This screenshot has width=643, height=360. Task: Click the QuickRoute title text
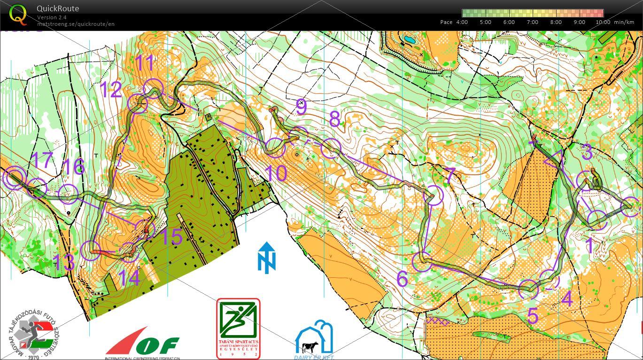pos(58,8)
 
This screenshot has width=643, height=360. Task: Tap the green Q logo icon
pos(18,14)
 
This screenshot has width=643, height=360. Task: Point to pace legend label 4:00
pos(462,22)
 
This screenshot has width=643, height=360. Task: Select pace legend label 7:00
pos(532,22)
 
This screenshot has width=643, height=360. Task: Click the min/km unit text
pos(625,22)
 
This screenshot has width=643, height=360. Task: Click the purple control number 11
pos(145,63)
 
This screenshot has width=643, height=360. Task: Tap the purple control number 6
pos(402,279)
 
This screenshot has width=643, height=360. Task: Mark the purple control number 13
pos(63,262)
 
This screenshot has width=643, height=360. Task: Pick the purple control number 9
pos(301,107)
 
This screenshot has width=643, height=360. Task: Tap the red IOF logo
pos(141,343)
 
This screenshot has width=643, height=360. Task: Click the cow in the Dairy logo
pos(310,347)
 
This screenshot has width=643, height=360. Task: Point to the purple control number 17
pos(41,160)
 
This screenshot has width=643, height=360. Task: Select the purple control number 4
pos(567,299)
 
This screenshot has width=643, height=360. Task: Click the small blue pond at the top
pos(409,39)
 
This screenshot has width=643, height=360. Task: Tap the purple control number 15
pos(171,237)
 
